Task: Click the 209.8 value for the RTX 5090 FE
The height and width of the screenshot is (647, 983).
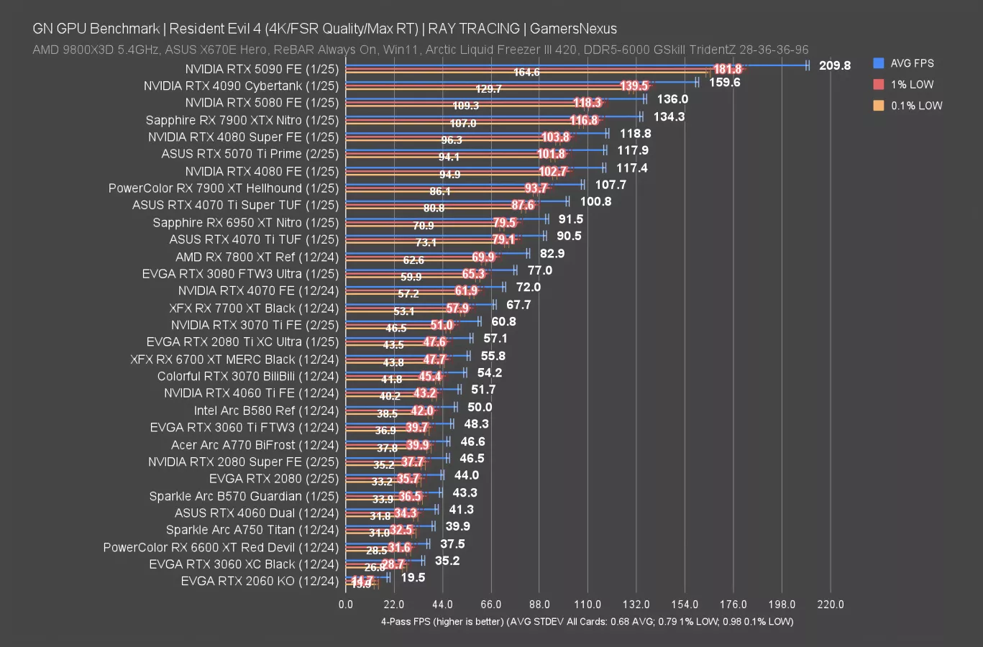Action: [834, 65]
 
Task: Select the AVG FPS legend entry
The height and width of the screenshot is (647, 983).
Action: [911, 63]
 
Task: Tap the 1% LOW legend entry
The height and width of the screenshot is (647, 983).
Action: [911, 84]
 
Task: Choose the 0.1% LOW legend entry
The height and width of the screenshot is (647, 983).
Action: [915, 105]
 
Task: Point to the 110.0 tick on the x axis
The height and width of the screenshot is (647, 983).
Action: [587, 605]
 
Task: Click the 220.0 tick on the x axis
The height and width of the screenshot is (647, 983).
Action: [831, 605]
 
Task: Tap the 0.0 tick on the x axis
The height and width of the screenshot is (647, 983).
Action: [346, 605]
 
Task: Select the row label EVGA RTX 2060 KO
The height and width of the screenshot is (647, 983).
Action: [259, 581]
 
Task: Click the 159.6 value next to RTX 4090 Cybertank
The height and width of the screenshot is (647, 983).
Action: [724, 82]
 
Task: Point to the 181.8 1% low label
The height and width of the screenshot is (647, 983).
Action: [727, 69]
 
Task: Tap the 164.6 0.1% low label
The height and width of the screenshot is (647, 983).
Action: [526, 73]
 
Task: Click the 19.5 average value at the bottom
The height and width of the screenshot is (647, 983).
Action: [413, 577]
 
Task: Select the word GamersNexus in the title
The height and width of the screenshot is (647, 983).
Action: [573, 29]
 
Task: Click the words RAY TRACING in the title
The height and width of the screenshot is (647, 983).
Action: [474, 29]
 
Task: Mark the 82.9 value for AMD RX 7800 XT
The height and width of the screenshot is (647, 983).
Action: [552, 253]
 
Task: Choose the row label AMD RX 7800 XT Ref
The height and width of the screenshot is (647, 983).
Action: [257, 257]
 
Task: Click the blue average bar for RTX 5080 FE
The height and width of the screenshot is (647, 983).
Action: [496, 98]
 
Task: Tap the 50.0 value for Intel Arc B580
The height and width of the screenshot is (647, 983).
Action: [480, 407]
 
